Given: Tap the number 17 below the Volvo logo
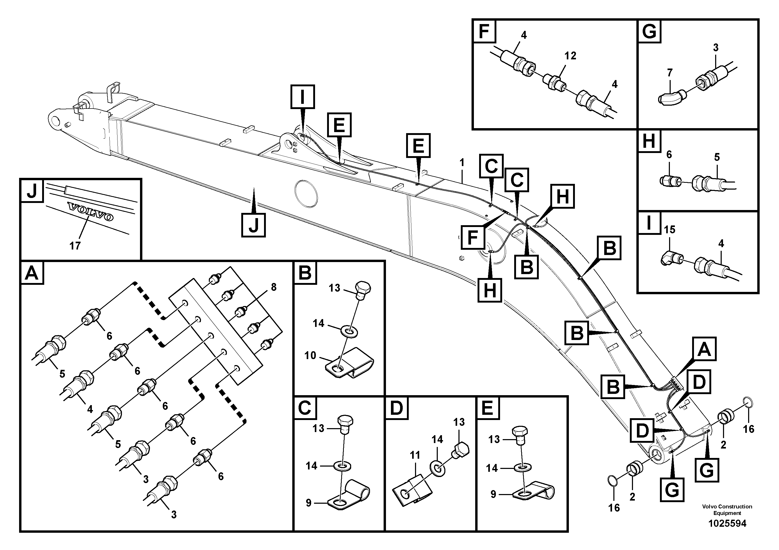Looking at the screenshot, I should point(75,246).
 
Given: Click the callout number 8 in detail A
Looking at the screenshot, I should point(273,287).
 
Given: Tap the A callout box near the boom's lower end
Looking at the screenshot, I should point(704,349).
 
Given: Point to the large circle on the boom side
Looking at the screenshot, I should point(306,193).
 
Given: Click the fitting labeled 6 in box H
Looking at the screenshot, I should point(668,181).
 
